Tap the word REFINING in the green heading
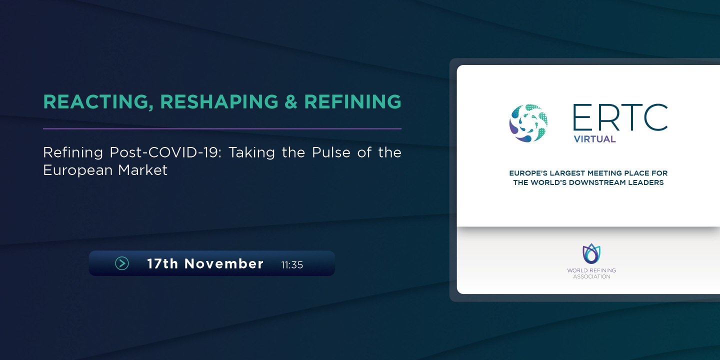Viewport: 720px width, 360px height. pos(352,101)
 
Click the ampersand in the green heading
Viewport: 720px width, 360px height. pos(291,101)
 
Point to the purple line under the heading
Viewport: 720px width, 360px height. pos(222,129)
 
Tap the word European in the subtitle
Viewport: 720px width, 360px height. pos(78,170)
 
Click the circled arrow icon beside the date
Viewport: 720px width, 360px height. pos(122,263)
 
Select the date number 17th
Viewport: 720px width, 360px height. pos(162,263)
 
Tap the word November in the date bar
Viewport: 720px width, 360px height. pos(224,263)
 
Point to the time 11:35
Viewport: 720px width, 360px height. pos(292,265)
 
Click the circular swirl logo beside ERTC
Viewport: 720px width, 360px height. pos(528,123)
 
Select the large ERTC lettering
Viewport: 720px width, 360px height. pos(620,118)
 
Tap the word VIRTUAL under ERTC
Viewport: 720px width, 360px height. pos(594,139)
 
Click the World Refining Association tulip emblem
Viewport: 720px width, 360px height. pos(591,254)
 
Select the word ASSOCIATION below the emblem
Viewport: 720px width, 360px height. pos(591,276)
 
